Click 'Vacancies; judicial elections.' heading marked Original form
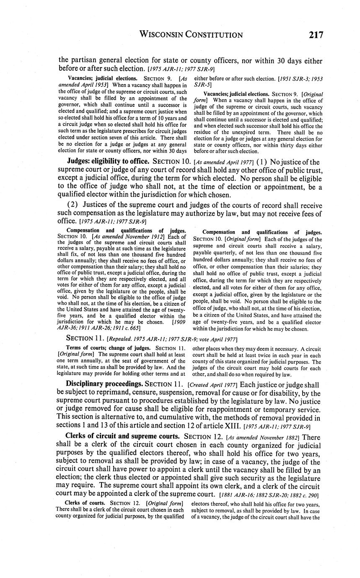pyautogui.click(x=236, y=94)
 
